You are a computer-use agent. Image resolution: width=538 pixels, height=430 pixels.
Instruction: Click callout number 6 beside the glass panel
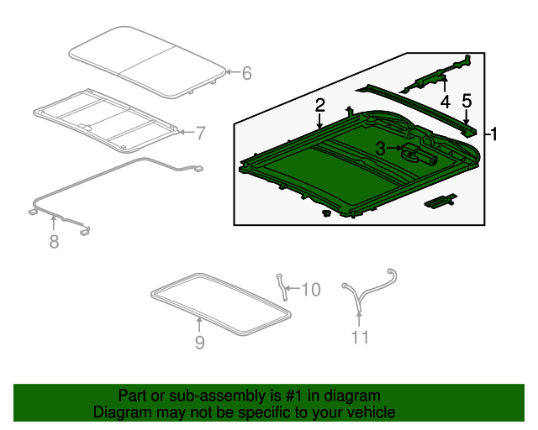pyautogui.click(x=246, y=73)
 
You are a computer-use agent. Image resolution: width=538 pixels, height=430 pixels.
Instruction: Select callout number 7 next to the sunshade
pyautogui.click(x=200, y=133)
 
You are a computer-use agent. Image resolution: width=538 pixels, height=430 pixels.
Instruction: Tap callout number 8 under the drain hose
pyautogui.click(x=54, y=241)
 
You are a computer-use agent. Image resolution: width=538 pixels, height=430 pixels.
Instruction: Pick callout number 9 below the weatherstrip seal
pyautogui.click(x=200, y=342)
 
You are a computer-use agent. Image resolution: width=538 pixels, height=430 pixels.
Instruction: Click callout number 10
pyautogui.click(x=311, y=290)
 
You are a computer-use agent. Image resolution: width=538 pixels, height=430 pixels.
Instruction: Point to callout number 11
pyautogui.click(x=360, y=337)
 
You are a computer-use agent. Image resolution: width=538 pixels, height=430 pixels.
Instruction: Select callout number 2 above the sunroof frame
pyautogui.click(x=319, y=106)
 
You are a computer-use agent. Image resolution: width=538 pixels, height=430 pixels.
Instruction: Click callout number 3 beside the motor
pyautogui.click(x=380, y=149)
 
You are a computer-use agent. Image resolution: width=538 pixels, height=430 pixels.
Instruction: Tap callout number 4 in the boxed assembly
pyautogui.click(x=445, y=102)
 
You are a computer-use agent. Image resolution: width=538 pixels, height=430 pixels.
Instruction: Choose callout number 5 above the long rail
pyautogui.click(x=467, y=101)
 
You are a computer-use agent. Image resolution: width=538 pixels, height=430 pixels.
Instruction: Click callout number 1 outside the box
pyautogui.click(x=494, y=134)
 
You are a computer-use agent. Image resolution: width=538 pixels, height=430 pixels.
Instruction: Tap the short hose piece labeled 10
pyautogui.click(x=282, y=287)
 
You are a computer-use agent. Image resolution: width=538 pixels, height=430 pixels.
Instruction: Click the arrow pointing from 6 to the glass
pyautogui.click(x=234, y=72)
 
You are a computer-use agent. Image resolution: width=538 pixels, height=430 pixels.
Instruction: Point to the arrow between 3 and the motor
pyautogui.click(x=394, y=148)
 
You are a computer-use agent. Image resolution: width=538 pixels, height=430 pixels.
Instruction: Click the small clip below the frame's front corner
pyautogui.click(x=326, y=213)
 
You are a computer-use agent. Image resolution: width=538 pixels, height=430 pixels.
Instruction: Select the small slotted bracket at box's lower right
pyautogui.click(x=440, y=202)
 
